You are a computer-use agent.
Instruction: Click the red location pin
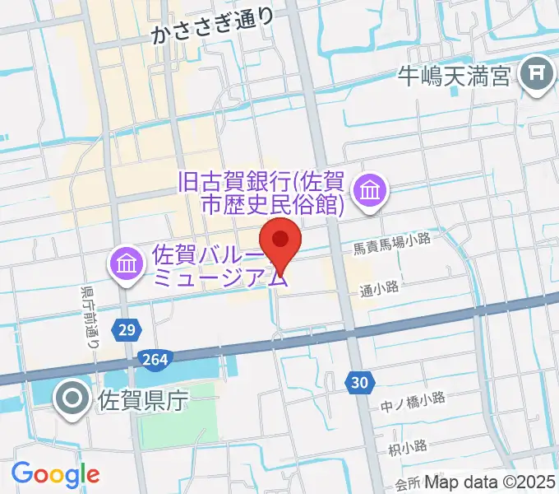280,241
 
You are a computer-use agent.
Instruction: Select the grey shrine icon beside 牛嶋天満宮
538,76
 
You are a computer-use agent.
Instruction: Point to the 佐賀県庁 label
144,401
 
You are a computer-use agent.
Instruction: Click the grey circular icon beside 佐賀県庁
72,400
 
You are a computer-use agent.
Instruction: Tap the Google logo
55,474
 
